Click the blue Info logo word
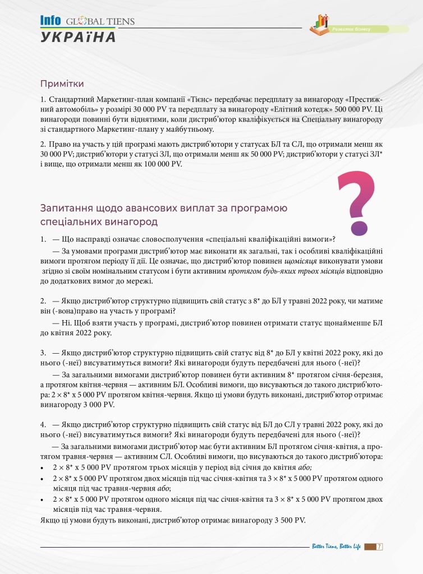[50, 21]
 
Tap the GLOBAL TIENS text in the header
[100, 22]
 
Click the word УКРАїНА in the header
[78, 37]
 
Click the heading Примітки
[62, 84]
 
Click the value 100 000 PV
[161, 164]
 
